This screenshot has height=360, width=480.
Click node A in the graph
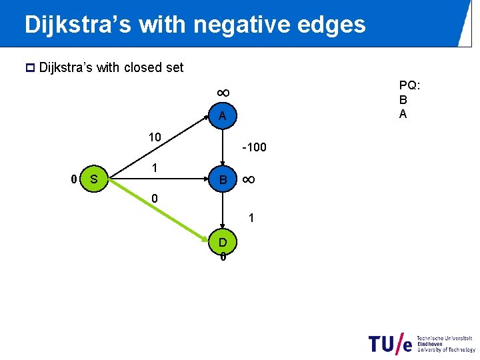(223, 116)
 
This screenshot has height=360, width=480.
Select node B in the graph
(223, 179)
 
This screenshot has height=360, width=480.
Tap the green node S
(94, 179)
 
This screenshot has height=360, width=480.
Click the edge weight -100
(254, 147)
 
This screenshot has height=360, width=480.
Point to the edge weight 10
(155, 137)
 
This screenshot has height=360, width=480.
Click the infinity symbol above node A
(223, 92)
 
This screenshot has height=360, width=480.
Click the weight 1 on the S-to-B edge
(154, 169)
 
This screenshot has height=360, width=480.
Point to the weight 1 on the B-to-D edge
(251, 217)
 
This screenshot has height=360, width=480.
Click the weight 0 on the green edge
(154, 199)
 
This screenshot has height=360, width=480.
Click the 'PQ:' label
(409, 85)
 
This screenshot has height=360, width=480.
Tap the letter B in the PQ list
(403, 99)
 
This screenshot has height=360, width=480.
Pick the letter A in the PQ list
(403, 113)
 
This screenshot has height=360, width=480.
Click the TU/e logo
(391, 343)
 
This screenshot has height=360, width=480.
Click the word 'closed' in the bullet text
(139, 67)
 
